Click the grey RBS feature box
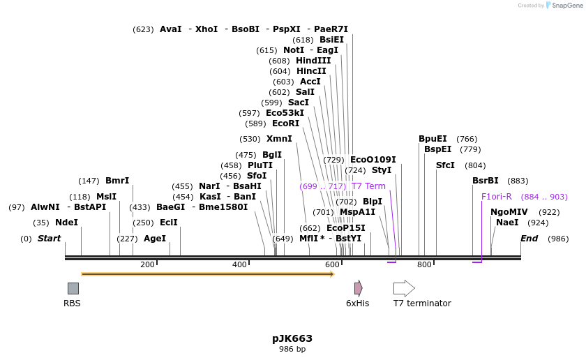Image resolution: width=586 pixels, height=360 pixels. pos(73,288)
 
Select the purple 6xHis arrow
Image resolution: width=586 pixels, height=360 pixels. pos(358,288)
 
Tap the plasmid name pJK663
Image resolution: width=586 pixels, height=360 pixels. pos(292,338)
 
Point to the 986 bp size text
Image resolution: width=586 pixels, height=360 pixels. pos(292,349)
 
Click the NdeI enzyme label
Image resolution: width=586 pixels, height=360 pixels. pos(66,223)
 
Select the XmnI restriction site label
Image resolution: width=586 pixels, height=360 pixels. pos(279,139)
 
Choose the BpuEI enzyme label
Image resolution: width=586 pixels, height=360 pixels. pos(433,139)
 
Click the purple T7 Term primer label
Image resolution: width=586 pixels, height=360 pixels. pos(368,186)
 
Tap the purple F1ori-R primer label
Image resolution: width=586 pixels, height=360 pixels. pos(497,197)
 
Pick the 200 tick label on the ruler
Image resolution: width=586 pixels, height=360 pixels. pos(147,264)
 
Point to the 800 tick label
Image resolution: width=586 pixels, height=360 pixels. pos(424,264)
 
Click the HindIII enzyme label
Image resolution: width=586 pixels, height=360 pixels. pos(313,61)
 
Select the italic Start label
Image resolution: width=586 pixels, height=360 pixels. pos(49,239)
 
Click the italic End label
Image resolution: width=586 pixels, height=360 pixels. pos(529,239)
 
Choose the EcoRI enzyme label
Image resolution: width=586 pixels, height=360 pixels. pos(285,123)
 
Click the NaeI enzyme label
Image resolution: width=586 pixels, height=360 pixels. pos(507,223)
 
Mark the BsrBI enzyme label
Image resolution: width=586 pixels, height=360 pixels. pos(486,181)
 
